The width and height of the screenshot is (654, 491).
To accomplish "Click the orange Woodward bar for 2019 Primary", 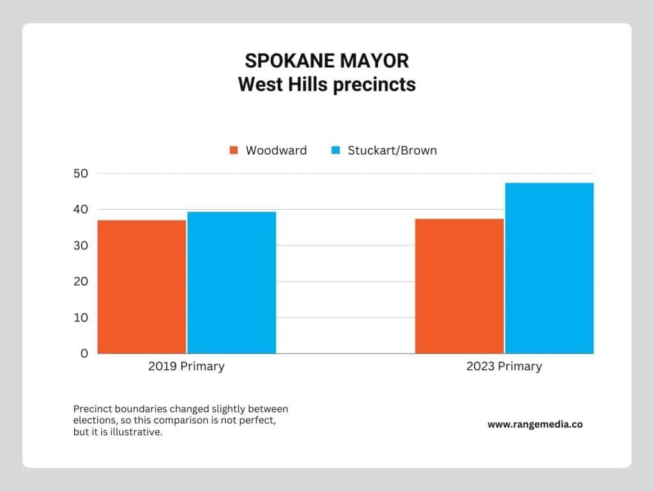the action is pyautogui.click(x=142, y=287).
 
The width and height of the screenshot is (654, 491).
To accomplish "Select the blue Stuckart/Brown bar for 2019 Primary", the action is pyautogui.click(x=231, y=283).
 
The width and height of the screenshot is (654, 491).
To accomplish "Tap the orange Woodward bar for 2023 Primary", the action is pyautogui.click(x=459, y=286).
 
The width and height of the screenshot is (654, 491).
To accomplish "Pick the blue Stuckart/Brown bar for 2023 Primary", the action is pyautogui.click(x=549, y=268).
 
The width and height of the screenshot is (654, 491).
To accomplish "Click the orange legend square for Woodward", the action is pyautogui.click(x=234, y=150).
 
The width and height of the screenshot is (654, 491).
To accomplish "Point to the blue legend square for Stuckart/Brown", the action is pyautogui.click(x=335, y=150).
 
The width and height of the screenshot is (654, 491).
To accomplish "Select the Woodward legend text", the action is pyautogui.click(x=276, y=150).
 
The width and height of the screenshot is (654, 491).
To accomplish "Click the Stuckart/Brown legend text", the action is pyautogui.click(x=392, y=150).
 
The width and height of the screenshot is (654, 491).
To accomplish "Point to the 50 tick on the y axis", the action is pyautogui.click(x=81, y=173).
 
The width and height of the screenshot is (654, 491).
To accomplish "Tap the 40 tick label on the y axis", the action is pyautogui.click(x=81, y=209).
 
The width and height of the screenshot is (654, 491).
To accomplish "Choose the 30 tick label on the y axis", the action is pyautogui.click(x=81, y=245).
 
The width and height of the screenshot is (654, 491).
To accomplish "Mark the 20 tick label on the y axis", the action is pyautogui.click(x=81, y=281).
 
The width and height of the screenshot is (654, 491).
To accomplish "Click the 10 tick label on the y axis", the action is pyautogui.click(x=81, y=318).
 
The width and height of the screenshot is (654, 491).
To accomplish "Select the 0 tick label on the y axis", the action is pyautogui.click(x=84, y=354).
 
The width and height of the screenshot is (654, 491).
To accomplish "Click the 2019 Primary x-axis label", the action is pyautogui.click(x=186, y=366).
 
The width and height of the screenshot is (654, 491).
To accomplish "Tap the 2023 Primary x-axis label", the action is pyautogui.click(x=505, y=366).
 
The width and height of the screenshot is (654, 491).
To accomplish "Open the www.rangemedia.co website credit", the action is pyautogui.click(x=535, y=425).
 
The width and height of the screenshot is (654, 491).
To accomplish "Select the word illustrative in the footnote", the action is pyautogui.click(x=135, y=432).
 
